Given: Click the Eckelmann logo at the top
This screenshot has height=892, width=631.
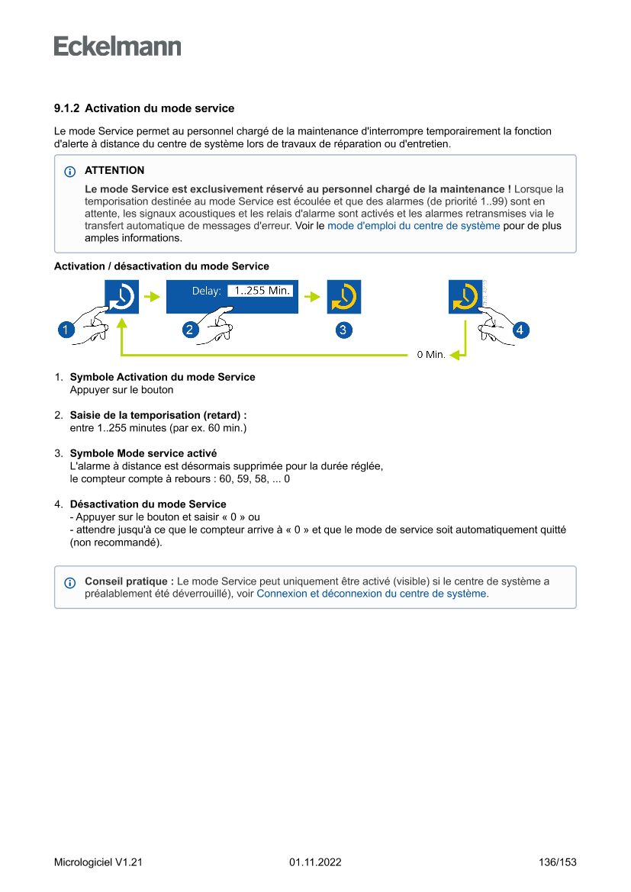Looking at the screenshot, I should tap(118, 46).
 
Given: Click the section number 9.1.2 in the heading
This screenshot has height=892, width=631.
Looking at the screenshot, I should tap(67, 108).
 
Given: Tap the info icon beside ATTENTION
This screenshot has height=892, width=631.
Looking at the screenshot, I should tap(70, 172).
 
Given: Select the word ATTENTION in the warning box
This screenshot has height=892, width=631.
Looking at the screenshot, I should tap(114, 171).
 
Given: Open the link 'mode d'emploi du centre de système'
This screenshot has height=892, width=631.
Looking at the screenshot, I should tap(414, 226).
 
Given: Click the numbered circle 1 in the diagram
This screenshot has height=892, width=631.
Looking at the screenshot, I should tap(66, 330).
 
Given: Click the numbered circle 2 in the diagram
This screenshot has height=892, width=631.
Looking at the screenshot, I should tap(191, 330).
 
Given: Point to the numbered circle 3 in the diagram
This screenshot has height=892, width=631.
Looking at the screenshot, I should tap(343, 330).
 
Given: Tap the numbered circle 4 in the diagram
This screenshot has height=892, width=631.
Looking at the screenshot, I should tap(520, 330).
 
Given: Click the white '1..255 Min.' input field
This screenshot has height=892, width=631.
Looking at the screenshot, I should tap(259, 291).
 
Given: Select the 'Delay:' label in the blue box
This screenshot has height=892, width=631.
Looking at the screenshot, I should tap(206, 291).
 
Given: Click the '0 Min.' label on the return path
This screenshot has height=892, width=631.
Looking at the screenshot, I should tap(430, 355).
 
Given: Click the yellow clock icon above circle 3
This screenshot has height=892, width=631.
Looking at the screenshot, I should tap(344, 297).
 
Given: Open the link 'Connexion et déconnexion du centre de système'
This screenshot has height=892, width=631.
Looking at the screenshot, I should tap(372, 594).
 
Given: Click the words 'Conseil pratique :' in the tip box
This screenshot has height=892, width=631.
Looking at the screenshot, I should tap(129, 581).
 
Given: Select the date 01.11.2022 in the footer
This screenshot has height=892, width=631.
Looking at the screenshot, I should tap(315, 863).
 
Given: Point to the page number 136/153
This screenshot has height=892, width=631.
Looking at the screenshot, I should tap(557, 863).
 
